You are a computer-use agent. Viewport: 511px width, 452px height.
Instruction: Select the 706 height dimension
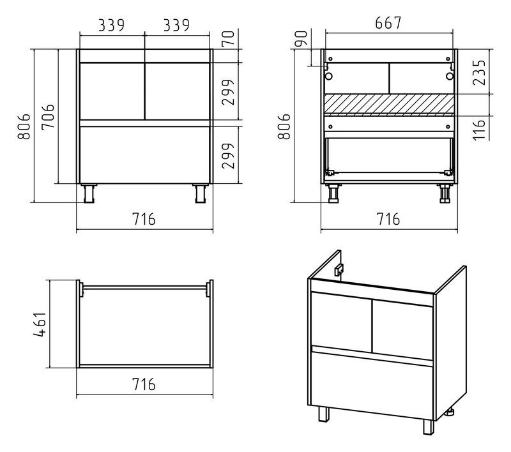point(48,117)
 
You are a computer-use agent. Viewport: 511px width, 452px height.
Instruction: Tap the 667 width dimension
point(388,23)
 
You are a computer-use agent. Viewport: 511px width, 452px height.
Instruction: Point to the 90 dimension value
point(301,38)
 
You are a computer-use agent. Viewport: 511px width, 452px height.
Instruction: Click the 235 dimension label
point(479,72)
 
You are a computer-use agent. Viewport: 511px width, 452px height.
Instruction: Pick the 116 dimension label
point(479,130)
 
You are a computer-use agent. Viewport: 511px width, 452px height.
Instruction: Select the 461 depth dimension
point(40,324)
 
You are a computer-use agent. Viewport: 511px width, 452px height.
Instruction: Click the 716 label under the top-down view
point(144,384)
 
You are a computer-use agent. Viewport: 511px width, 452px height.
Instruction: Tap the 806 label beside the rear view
point(284,126)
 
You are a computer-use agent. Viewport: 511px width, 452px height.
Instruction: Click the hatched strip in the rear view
point(389,105)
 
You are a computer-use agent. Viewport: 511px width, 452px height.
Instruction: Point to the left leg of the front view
point(89,193)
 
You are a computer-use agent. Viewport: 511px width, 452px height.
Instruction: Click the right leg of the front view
point(200,193)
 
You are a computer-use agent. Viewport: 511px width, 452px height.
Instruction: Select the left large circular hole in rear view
point(328,77)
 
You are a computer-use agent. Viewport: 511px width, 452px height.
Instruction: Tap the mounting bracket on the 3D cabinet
point(339,269)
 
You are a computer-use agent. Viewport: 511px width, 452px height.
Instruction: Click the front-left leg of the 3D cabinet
point(324,414)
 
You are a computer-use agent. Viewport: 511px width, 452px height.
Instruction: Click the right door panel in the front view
point(177,91)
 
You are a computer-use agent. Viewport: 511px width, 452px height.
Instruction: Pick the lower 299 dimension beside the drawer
point(229,156)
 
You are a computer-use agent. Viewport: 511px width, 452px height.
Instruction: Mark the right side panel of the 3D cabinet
point(450,342)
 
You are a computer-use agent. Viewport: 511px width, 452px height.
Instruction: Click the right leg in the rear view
point(445,193)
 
